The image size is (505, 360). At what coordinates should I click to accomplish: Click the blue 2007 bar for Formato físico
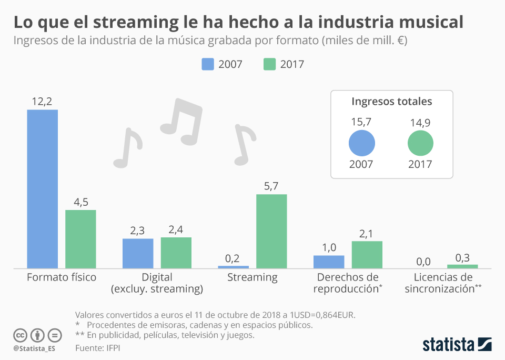click(42, 189)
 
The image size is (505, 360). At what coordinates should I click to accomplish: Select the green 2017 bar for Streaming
click(271, 231)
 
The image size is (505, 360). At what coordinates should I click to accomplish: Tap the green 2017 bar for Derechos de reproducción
click(367, 255)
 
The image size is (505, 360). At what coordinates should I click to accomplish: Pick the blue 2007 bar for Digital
click(138, 253)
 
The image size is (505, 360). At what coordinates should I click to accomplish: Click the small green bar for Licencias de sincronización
click(462, 266)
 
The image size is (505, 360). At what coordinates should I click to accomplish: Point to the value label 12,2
click(42, 101)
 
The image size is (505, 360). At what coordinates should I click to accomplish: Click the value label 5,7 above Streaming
click(271, 186)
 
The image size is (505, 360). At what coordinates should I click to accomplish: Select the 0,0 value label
click(424, 261)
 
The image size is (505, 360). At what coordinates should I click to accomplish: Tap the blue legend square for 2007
click(208, 64)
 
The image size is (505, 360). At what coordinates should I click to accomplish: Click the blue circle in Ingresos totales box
click(361, 143)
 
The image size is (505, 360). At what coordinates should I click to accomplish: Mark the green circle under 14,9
click(420, 143)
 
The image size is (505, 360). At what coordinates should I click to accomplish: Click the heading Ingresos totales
click(391, 102)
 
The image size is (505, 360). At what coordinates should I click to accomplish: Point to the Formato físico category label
click(62, 277)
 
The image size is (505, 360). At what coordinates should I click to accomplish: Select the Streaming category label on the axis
click(252, 277)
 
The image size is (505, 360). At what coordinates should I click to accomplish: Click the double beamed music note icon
click(182, 120)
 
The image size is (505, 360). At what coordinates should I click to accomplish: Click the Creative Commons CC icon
click(21, 335)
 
